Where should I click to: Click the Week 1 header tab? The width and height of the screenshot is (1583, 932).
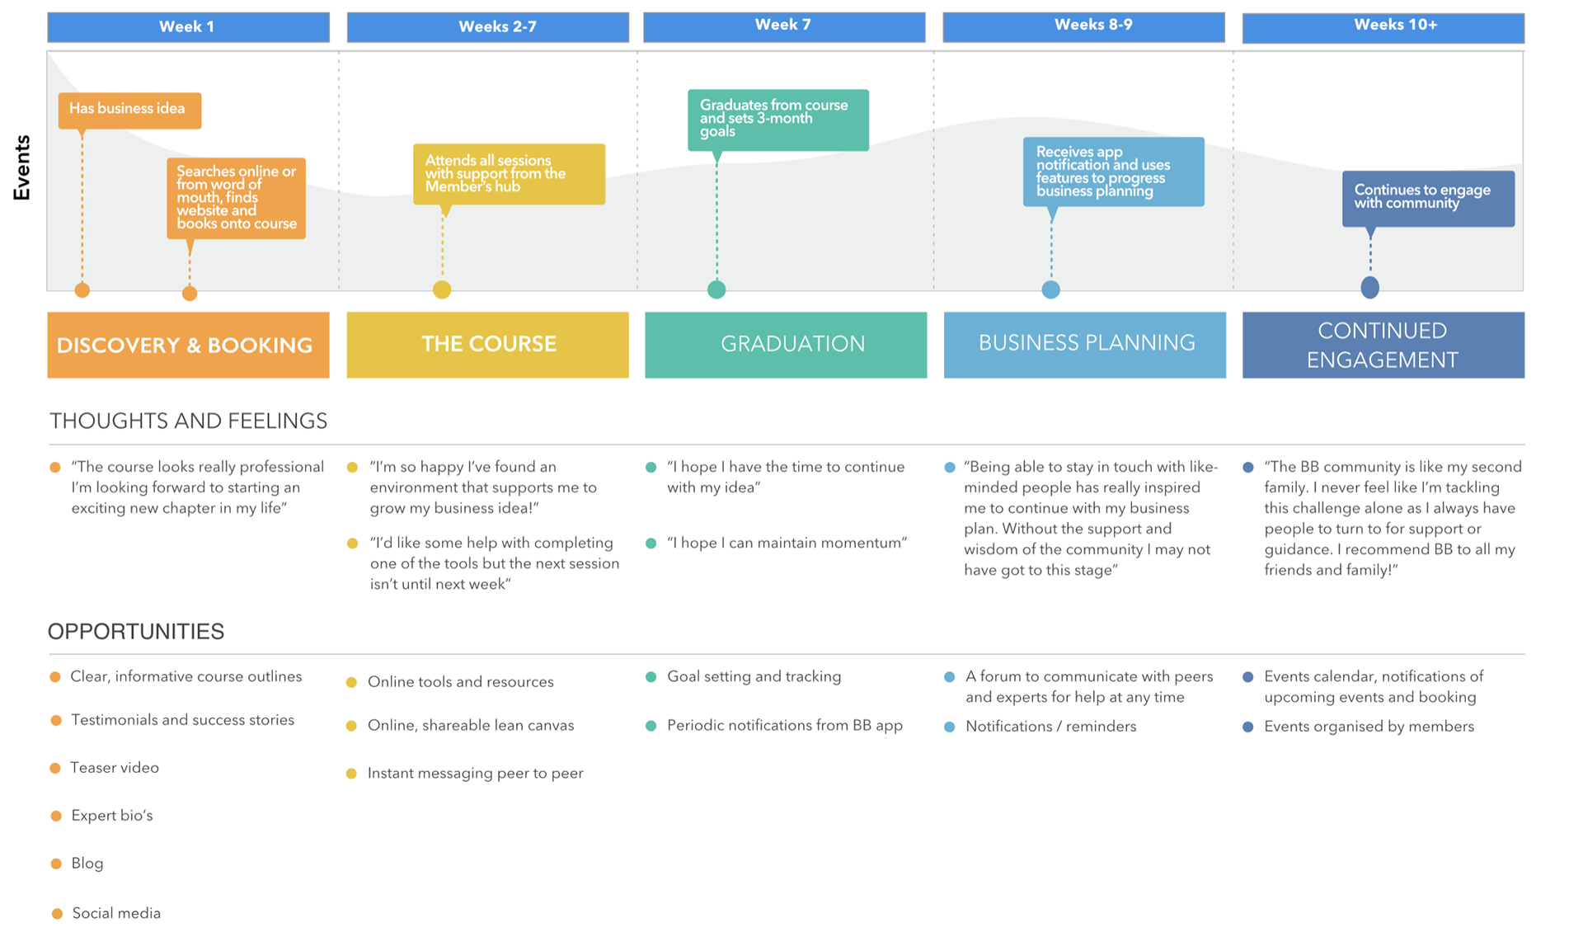(188, 26)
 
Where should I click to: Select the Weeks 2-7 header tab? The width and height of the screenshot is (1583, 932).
(488, 26)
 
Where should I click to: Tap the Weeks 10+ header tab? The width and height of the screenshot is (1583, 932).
(1383, 26)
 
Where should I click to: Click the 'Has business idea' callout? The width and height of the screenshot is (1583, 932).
(129, 110)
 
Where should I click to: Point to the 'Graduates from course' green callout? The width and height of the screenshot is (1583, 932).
(778, 120)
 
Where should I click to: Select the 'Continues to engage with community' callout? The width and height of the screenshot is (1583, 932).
(1428, 198)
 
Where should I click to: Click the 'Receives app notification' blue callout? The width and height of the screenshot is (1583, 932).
(1113, 172)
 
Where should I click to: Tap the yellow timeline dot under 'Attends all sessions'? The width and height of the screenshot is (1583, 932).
(442, 289)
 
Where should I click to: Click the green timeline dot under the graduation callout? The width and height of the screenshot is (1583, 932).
(716, 289)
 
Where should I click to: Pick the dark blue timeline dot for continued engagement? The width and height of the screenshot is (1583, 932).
(1370, 287)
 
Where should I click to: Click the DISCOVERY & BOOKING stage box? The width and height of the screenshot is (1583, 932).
(188, 345)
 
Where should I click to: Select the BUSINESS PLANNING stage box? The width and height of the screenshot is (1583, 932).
(1085, 345)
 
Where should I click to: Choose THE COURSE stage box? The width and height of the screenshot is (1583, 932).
(488, 345)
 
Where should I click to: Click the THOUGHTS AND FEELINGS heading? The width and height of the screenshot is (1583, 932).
(188, 421)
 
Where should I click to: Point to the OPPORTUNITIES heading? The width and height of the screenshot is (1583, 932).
(136, 632)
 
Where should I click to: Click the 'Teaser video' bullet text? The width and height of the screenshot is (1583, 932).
(115, 768)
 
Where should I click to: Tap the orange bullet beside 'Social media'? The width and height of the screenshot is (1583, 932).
(57, 914)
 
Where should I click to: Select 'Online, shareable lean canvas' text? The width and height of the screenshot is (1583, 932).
(471, 726)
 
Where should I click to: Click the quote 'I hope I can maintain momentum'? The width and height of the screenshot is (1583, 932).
(787, 543)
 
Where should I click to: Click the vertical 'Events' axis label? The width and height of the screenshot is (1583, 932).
(22, 167)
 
